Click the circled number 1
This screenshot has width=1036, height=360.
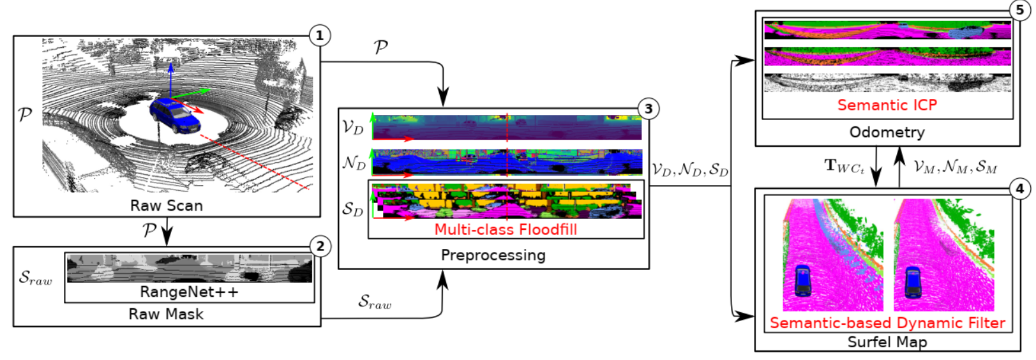(x=319, y=35)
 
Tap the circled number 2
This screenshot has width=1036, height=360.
(x=320, y=246)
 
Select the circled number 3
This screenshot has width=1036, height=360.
(x=648, y=109)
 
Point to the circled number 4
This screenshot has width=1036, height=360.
(x=1019, y=188)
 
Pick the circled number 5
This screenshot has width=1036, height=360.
(x=1019, y=10)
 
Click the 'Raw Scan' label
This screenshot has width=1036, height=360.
(x=167, y=206)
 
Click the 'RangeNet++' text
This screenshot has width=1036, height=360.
(x=189, y=292)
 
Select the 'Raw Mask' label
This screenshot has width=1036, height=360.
(x=166, y=314)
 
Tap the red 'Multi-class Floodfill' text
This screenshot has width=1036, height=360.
(x=506, y=230)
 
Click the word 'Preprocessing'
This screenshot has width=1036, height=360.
(x=493, y=255)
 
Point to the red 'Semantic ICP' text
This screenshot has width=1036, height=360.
(x=887, y=105)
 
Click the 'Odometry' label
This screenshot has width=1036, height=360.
(x=887, y=132)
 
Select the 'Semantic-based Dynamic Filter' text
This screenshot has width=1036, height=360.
(x=887, y=323)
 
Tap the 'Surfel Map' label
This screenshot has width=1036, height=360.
(x=887, y=342)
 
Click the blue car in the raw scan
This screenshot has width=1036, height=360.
(x=174, y=115)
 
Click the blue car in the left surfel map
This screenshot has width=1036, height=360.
(x=802, y=281)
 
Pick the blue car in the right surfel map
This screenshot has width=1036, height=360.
(x=913, y=281)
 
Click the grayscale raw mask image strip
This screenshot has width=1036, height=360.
(x=189, y=268)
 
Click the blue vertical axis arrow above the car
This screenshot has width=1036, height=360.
(x=171, y=77)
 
